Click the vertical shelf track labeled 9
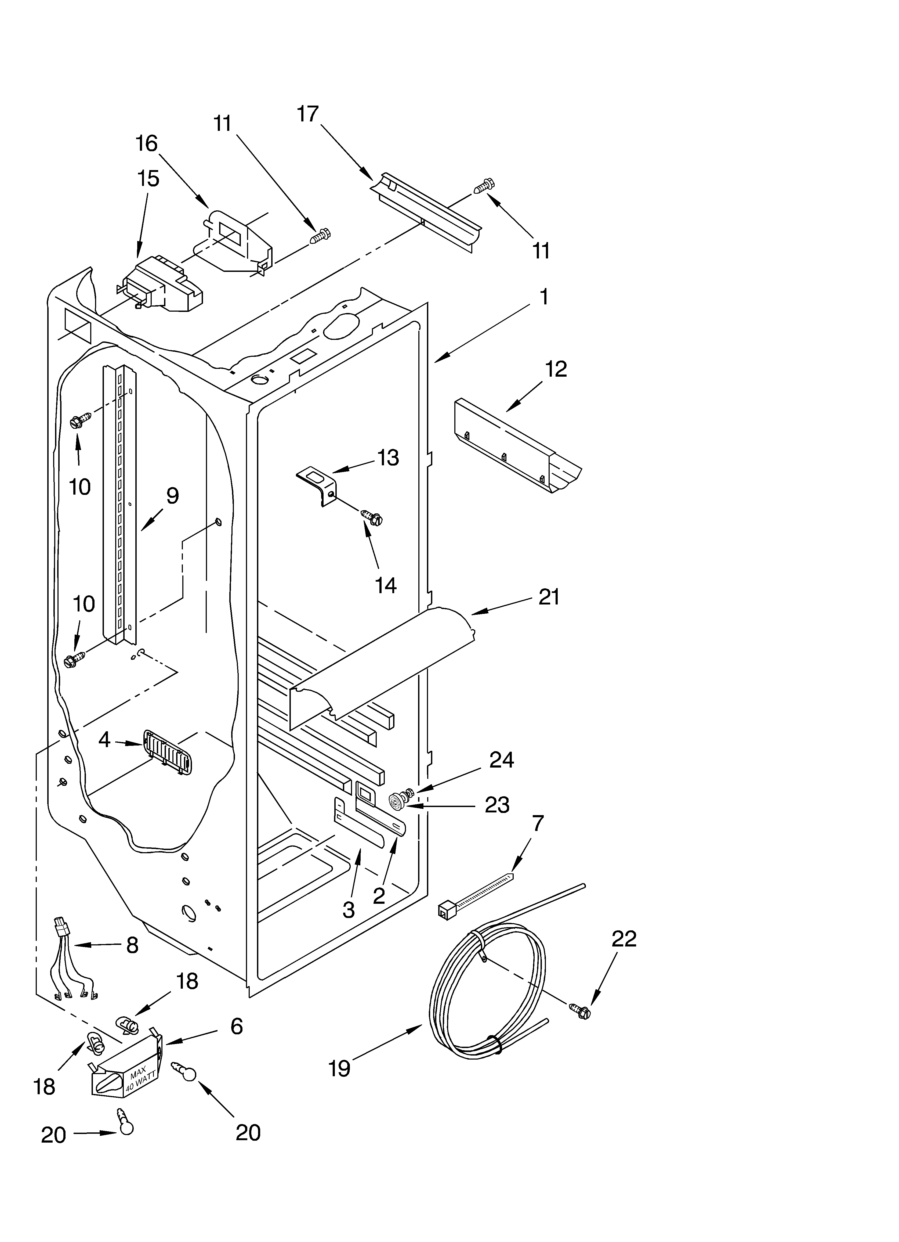pyautogui.click(x=119, y=504)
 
